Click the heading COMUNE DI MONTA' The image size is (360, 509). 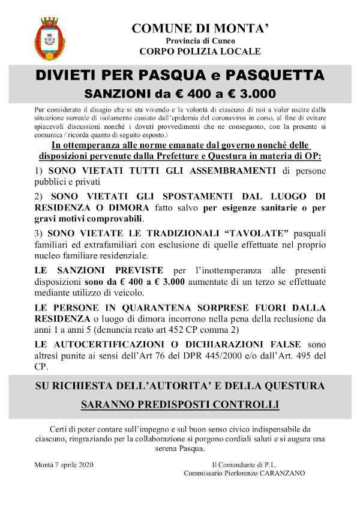196,28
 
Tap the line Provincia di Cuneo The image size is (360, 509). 196,40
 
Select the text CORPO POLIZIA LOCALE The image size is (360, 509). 196,52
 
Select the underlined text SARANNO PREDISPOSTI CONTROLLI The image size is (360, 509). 179,405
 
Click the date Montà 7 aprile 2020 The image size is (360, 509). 65,465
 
